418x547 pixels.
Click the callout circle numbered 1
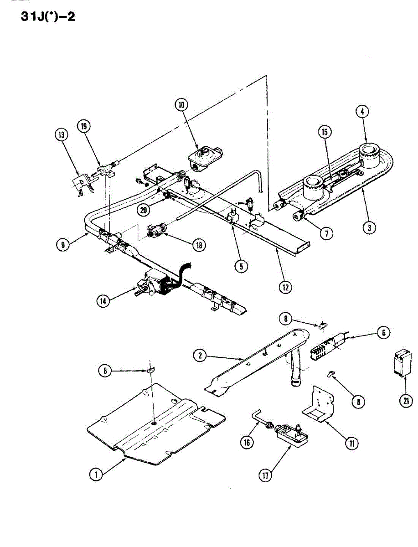(96, 475)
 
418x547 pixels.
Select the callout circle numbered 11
(351, 442)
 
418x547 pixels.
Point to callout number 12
(284, 287)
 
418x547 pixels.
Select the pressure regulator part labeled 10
(204, 159)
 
